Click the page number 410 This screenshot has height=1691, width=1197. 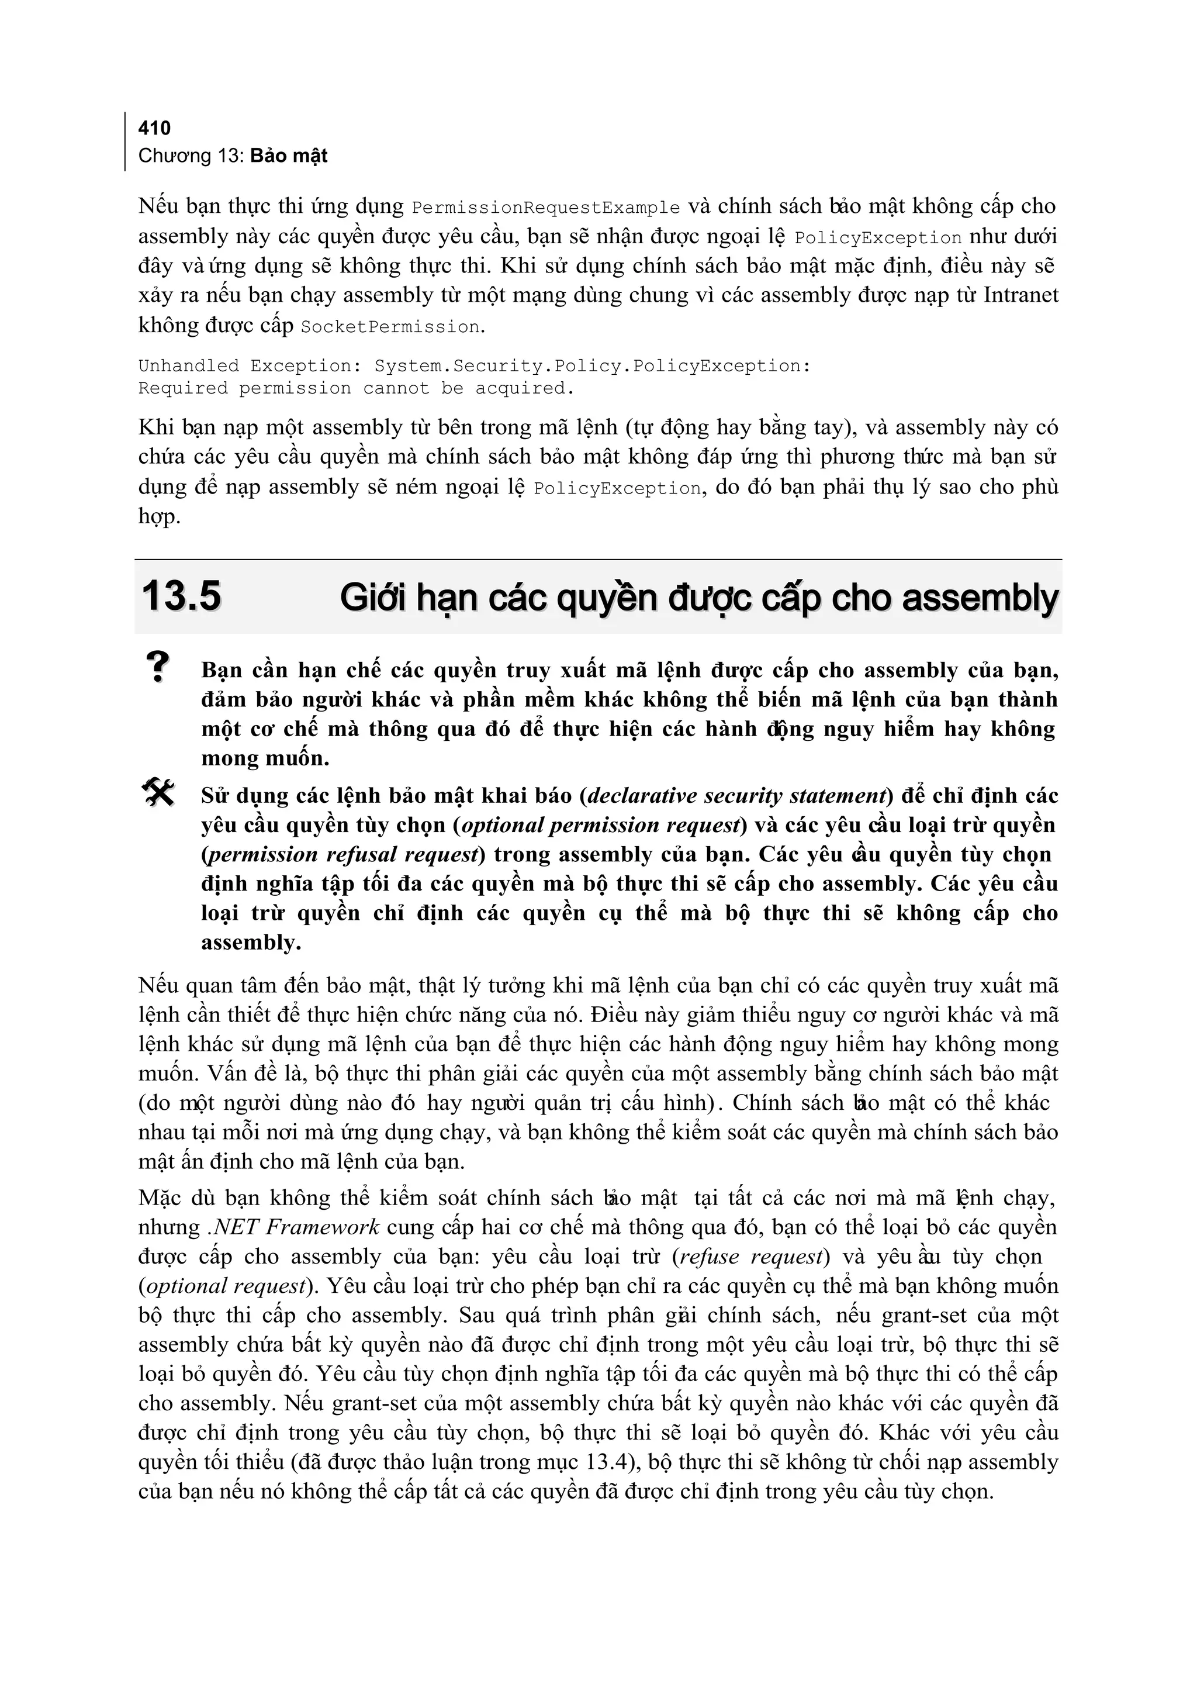click(154, 128)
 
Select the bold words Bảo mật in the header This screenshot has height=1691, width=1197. click(288, 156)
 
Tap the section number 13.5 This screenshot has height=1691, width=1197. click(181, 596)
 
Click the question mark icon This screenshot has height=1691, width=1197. click(157, 667)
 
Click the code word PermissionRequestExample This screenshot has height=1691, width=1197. click(545, 208)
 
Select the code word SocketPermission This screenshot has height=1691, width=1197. click(390, 327)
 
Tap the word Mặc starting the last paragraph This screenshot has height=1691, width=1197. click(159, 1197)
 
